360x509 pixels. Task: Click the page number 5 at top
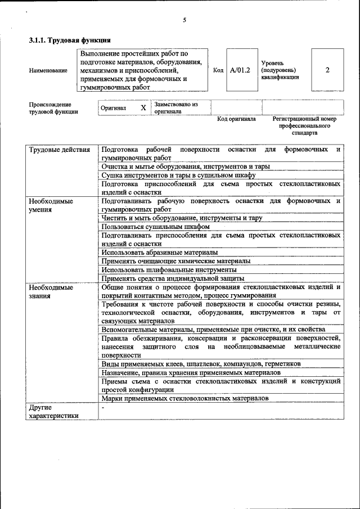coord(184,20)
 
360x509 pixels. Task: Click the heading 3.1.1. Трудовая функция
coord(70,40)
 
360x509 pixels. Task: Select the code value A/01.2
coord(240,70)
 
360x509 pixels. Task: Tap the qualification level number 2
coord(327,70)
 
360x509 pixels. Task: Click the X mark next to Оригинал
coord(143,107)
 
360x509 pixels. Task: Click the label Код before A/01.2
coord(219,71)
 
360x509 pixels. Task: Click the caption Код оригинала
coord(236,119)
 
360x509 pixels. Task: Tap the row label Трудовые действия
coord(59,150)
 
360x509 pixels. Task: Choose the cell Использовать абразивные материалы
coord(160,252)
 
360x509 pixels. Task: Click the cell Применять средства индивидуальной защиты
coord(173,278)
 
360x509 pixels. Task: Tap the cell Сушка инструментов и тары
coord(179,175)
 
